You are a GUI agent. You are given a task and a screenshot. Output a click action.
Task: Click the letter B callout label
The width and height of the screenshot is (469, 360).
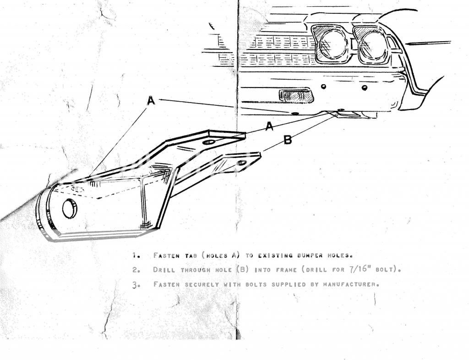point(287,140)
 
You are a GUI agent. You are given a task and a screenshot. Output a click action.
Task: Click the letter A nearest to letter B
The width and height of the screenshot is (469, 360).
point(270,126)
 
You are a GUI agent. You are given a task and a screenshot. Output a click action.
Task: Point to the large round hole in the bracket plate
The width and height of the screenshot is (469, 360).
point(70,208)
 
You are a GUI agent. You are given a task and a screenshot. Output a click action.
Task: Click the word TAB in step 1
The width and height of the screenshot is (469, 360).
point(190,255)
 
